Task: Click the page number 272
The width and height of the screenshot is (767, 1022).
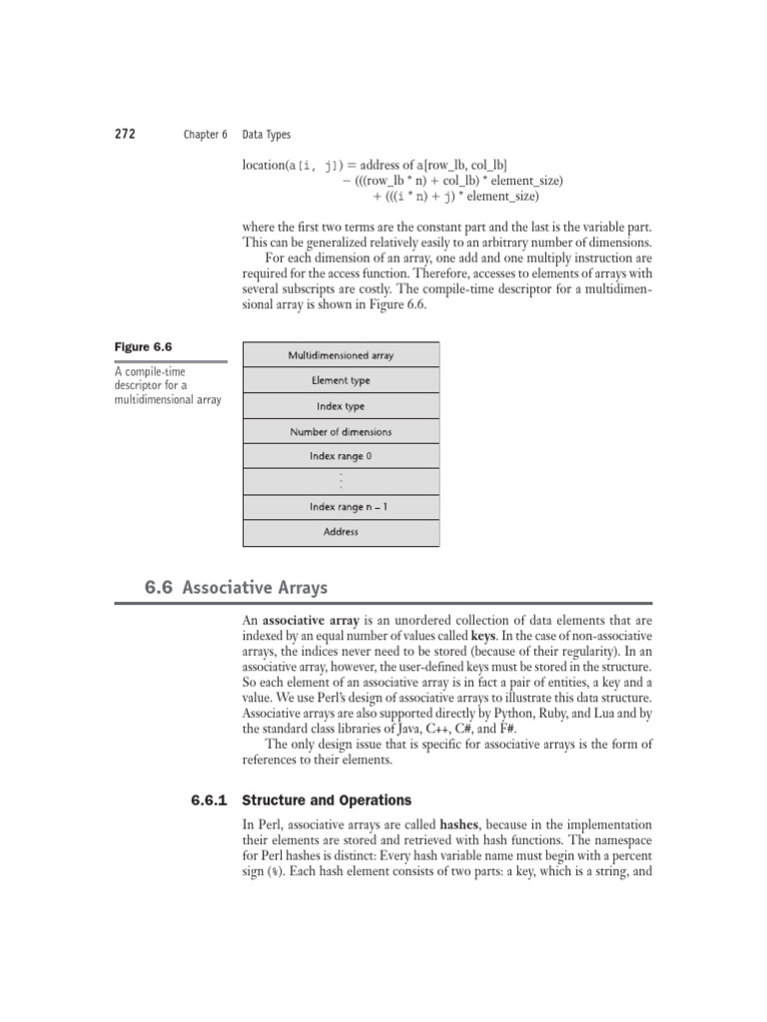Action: [x=126, y=134]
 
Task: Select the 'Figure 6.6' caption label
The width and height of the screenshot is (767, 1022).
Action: [x=142, y=347]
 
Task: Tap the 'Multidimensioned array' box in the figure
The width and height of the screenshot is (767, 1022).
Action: [x=341, y=355]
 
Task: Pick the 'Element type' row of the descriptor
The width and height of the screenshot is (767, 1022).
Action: [x=341, y=380]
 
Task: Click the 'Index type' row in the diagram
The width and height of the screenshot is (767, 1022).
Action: [x=341, y=406]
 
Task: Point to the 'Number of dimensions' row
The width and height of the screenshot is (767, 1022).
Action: [x=341, y=432]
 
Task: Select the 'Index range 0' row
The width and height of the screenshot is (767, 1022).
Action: [x=341, y=456]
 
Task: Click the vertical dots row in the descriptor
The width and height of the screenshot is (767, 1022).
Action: [x=341, y=482]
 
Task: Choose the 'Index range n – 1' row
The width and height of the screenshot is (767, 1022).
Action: [x=341, y=507]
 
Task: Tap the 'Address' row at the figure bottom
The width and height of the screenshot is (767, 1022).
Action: [x=341, y=532]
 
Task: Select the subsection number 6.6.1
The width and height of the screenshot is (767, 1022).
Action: [x=210, y=799]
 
